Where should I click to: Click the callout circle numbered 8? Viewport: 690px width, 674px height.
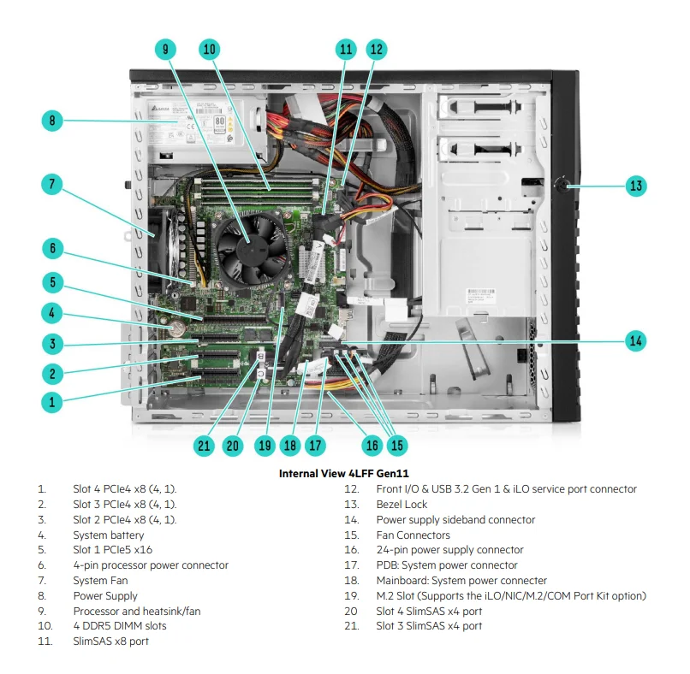(x=52, y=121)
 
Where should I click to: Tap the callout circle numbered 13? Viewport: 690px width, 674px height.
(x=635, y=186)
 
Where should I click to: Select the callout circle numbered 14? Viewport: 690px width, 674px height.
(x=635, y=340)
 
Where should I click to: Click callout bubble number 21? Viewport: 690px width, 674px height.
(x=203, y=445)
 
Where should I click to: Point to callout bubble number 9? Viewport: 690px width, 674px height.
(x=166, y=49)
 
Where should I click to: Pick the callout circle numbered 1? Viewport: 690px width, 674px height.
(x=52, y=400)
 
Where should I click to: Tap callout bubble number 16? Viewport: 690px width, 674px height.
(x=372, y=445)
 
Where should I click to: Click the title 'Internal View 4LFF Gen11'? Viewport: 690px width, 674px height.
(x=345, y=473)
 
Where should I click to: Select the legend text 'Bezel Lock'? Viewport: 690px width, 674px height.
(x=402, y=505)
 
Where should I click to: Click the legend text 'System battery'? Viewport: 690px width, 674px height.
(x=109, y=535)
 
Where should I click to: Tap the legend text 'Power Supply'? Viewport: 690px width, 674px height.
(x=105, y=596)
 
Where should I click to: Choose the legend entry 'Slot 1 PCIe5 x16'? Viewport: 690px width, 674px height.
(x=112, y=550)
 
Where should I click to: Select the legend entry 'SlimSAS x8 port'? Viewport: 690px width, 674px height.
(x=111, y=641)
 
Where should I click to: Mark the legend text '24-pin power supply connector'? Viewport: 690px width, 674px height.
(x=449, y=550)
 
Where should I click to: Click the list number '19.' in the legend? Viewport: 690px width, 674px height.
(x=351, y=596)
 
